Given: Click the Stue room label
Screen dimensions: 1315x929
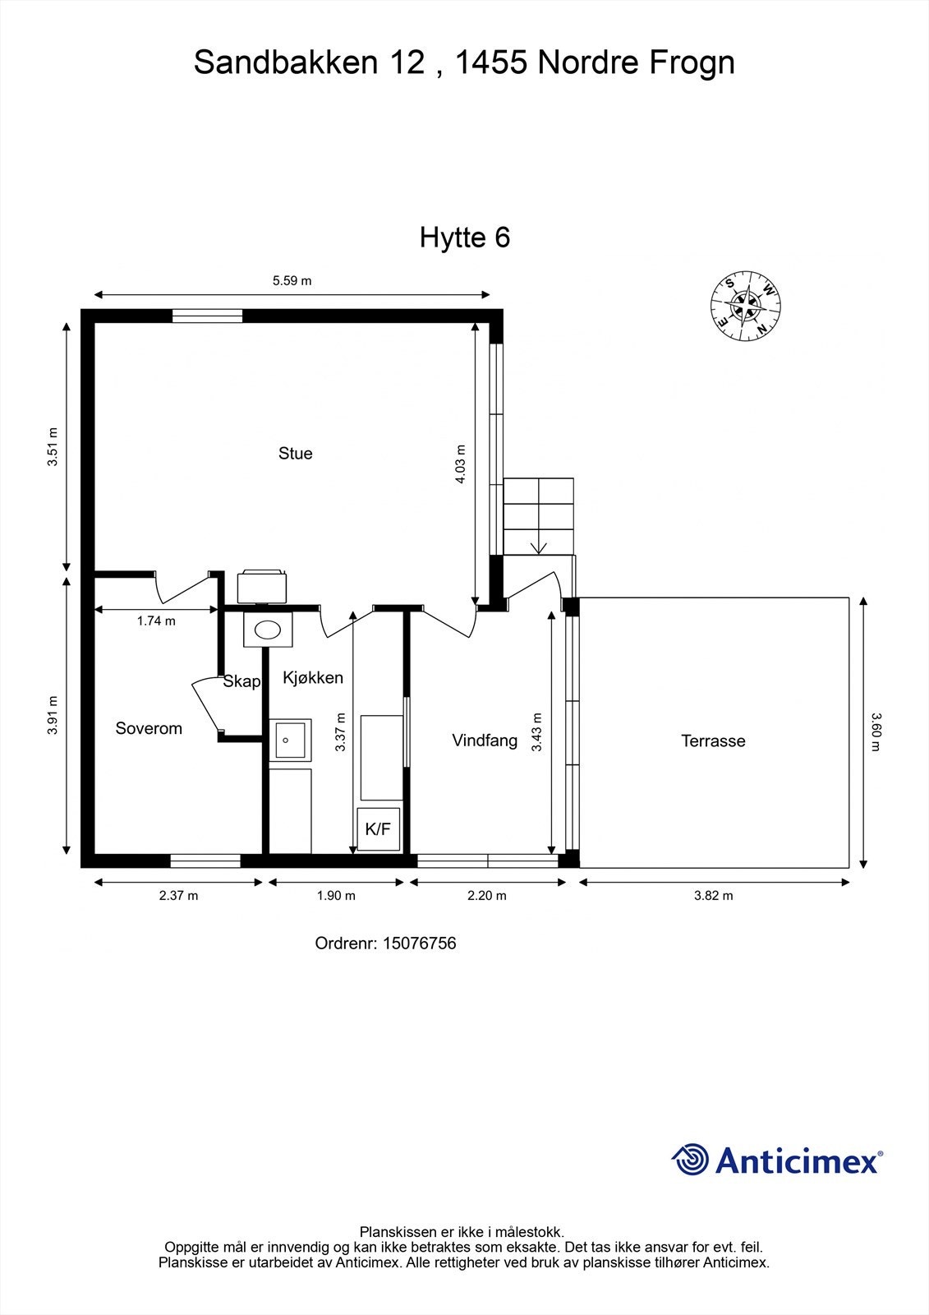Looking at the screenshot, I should [x=295, y=454].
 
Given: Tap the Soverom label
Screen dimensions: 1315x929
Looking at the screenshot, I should [x=149, y=729].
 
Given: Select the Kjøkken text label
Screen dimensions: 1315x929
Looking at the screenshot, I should [x=313, y=678].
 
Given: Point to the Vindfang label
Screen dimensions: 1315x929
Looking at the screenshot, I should [x=485, y=741].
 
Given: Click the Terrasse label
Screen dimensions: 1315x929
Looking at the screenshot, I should [x=713, y=741].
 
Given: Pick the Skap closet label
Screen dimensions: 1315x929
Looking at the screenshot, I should [x=241, y=681].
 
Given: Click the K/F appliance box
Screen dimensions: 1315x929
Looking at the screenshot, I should [x=378, y=829].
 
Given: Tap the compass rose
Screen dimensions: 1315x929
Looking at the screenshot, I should [x=746, y=305].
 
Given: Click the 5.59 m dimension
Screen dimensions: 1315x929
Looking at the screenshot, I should [x=292, y=280].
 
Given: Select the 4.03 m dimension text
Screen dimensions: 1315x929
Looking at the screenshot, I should [x=461, y=464].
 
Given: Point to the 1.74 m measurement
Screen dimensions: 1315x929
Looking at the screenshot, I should [x=156, y=621].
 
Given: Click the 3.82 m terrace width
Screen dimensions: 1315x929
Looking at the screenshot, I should [x=713, y=896].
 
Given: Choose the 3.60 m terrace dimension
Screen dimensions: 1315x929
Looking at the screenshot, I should [x=875, y=731].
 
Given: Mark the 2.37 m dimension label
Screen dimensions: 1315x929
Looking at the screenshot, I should [x=178, y=896].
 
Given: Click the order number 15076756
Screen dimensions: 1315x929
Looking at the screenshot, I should [x=419, y=944].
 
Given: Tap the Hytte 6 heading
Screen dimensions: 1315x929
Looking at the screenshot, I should [x=465, y=238].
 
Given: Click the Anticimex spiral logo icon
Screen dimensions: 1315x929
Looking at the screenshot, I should [x=690, y=1160].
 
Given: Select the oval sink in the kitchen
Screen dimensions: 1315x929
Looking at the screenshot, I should [x=268, y=630].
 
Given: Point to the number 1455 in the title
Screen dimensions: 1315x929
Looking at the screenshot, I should [x=490, y=62].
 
